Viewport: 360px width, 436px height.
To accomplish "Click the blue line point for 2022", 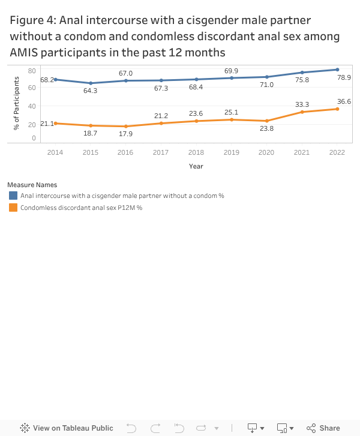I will pyautogui.click(x=337, y=70).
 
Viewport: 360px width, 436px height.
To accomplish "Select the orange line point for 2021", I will pyautogui.click(x=302, y=112).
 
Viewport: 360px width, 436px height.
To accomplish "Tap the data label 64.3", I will pyautogui.click(x=91, y=91).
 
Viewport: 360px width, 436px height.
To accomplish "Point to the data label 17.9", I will pyautogui.click(x=126, y=134).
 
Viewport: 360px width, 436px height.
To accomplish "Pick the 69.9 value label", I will pyautogui.click(x=232, y=71).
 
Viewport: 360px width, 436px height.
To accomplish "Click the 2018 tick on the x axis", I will pyautogui.click(x=196, y=152).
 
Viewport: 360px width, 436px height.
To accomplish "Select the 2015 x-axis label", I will pyautogui.click(x=91, y=152).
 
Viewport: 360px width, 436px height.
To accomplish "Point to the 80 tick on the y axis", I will pyautogui.click(x=32, y=71).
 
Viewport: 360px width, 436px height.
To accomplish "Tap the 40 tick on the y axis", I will pyautogui.click(x=32, y=106).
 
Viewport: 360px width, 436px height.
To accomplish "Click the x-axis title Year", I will pyautogui.click(x=196, y=166).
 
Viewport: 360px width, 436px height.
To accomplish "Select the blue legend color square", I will pyautogui.click(x=13, y=196).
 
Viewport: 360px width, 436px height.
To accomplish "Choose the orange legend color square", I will pyautogui.click(x=13, y=208).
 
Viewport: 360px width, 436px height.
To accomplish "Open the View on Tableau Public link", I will pyautogui.click(x=67, y=428).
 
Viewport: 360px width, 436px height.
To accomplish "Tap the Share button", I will pyautogui.click(x=323, y=428).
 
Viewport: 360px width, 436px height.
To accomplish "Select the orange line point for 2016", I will pyautogui.click(x=126, y=126).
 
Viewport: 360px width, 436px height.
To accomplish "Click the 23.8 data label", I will pyautogui.click(x=267, y=129).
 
